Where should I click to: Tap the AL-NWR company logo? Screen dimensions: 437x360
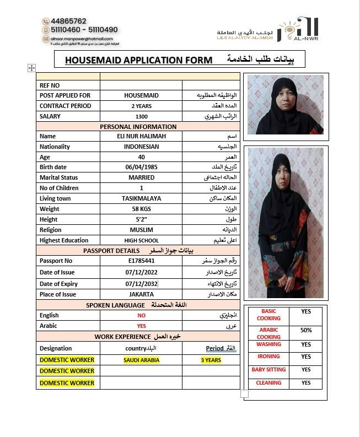click(298, 30)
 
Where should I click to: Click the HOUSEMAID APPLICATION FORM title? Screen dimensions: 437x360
click(138, 60)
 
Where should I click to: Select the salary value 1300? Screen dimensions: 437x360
click(141, 116)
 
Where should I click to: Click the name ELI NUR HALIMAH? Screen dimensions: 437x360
click(141, 136)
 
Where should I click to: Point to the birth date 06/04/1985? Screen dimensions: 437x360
click(141, 167)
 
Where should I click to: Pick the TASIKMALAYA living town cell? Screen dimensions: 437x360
click(141, 198)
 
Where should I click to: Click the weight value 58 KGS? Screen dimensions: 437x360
click(141, 209)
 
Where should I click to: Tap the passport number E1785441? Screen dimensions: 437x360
click(141, 261)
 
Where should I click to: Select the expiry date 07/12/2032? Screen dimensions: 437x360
click(141, 284)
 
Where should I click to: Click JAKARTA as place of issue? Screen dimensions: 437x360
click(141, 294)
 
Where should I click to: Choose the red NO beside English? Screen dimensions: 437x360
click(141, 316)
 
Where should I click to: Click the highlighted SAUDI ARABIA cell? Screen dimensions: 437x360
click(141, 360)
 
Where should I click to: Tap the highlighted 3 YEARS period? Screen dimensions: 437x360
click(211, 360)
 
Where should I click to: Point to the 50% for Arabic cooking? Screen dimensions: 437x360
click(306, 330)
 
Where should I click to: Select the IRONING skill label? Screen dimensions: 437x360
click(268, 357)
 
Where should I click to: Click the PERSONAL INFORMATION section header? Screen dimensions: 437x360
click(138, 127)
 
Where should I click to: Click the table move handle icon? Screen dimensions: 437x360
click(31, 68)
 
